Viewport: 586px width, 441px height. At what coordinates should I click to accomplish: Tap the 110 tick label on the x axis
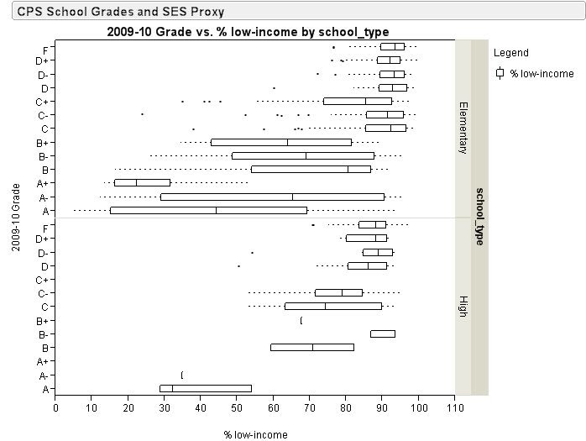coord(454,408)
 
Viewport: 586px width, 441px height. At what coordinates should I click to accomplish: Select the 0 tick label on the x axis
coord(55,408)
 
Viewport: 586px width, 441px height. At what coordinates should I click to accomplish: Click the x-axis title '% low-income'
coord(255,434)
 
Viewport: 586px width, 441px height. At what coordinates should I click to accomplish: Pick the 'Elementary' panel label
coord(463,128)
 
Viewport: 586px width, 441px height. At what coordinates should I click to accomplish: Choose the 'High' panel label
coord(463,306)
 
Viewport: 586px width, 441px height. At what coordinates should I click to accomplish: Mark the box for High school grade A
coord(206,388)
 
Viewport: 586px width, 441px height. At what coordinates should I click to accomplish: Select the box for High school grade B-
coord(383,333)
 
